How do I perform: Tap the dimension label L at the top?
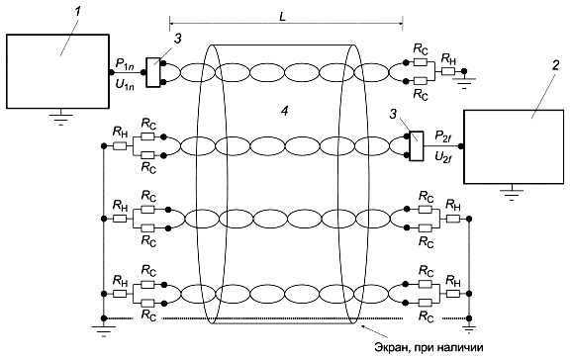(283, 17)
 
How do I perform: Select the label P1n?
(125, 63)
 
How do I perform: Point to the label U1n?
(125, 84)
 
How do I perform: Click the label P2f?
(443, 136)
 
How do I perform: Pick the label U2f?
(443, 157)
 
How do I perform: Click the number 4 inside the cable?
(284, 111)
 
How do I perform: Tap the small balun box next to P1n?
(153, 72)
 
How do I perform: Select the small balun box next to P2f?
(417, 146)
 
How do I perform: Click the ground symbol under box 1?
(60, 119)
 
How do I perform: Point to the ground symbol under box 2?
(512, 193)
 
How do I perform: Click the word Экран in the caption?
(389, 347)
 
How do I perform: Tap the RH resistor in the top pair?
(448, 71)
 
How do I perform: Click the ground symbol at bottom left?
(104, 329)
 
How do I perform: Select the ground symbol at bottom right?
(469, 328)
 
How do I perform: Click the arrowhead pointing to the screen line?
(361, 325)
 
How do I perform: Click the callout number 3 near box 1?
(177, 40)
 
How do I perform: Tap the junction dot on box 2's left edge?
(461, 146)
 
